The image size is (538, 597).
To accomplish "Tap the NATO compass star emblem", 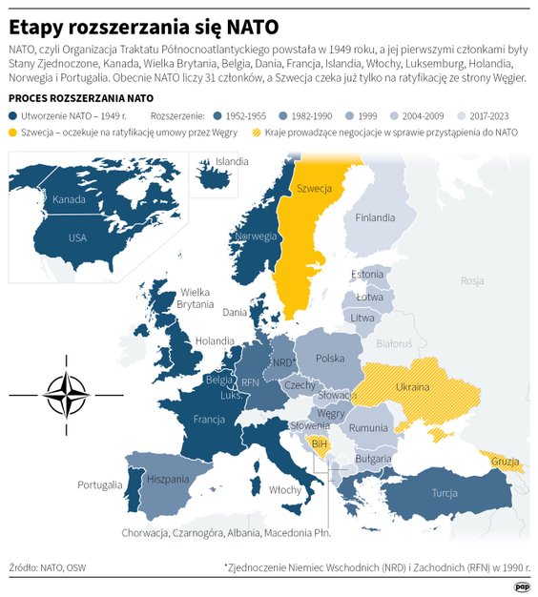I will pos(66,393).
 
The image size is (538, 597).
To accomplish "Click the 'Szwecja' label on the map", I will pos(314,189).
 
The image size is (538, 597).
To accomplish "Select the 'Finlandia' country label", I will pos(375,217).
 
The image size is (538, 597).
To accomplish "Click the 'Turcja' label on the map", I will pos(445,493).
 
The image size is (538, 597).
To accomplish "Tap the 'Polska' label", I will pos(330,358).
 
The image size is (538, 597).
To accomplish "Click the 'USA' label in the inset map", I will pos(78,237).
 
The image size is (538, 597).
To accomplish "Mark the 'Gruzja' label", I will pos(505,463).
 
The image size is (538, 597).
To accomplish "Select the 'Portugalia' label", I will pos(99,485).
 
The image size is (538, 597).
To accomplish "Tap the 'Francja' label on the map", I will pos(208,420).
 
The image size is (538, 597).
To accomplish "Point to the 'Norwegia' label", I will pos(256,237).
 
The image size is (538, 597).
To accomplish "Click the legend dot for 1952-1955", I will pos(217,114).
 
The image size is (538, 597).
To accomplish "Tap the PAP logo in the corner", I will pos(522,587).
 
